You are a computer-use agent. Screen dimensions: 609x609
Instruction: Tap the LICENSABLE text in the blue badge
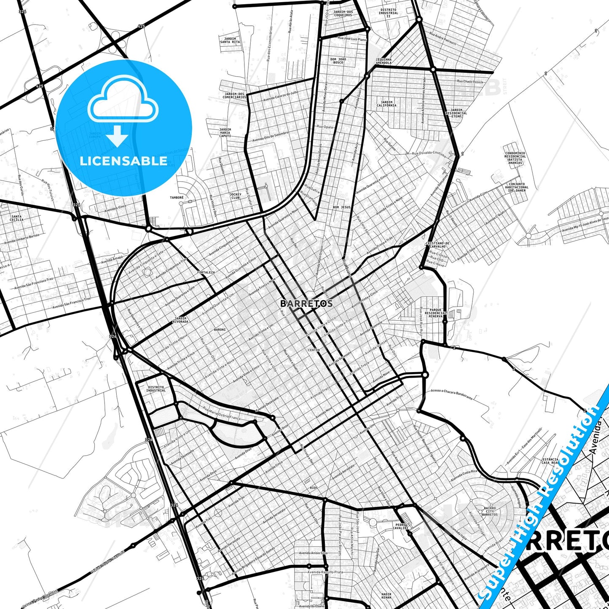coord(123,161)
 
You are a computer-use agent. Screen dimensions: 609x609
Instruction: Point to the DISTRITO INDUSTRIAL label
coord(156,389)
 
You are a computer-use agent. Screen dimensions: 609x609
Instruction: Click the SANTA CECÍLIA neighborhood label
coord(17,218)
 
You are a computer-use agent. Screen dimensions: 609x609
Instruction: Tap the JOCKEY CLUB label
coord(235,196)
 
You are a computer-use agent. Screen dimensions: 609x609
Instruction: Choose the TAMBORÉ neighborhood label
coord(177,197)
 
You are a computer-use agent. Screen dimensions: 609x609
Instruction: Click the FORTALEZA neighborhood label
coord(206,273)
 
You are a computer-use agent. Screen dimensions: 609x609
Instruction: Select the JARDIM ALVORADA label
coord(180,320)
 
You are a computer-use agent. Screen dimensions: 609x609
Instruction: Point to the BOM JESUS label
coord(341,207)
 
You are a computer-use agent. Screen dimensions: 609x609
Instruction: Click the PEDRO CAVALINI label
coord(400,526)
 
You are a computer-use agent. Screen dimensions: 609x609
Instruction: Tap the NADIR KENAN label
coord(386,596)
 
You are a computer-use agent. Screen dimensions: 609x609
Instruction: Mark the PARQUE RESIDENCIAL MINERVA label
coord(435,313)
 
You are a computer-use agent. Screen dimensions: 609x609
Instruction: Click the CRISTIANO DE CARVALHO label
coord(437,245)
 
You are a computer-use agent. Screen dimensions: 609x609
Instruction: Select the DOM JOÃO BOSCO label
coord(338,61)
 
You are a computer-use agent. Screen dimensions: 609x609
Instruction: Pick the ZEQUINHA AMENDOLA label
coord(384,61)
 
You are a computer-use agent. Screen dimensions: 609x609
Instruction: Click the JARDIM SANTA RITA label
coord(230,40)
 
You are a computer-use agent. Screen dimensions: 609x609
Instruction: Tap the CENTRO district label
coord(314,350)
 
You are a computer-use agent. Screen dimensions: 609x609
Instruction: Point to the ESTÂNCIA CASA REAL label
coord(550,461)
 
